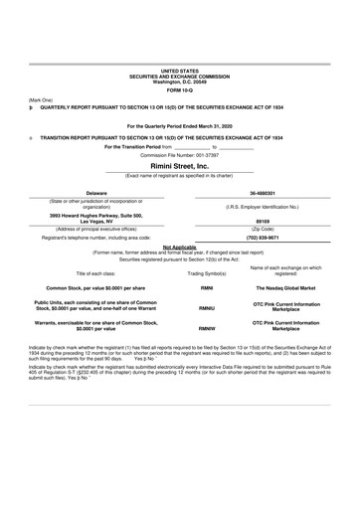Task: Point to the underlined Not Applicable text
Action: pyautogui.click(x=179, y=246)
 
